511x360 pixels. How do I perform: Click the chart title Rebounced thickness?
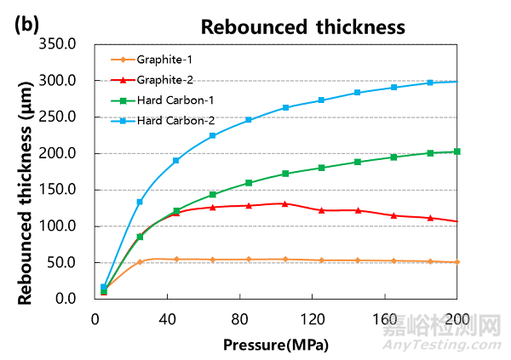(302, 26)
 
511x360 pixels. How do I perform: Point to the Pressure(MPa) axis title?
(276, 345)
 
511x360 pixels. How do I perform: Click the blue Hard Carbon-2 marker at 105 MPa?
(285, 108)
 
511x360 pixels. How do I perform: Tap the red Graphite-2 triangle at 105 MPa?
(285, 203)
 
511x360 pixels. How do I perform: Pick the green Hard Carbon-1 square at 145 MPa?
(358, 162)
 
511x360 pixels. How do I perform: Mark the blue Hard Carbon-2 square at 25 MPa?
(140, 202)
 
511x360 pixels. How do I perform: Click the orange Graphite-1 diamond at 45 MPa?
(176, 259)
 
